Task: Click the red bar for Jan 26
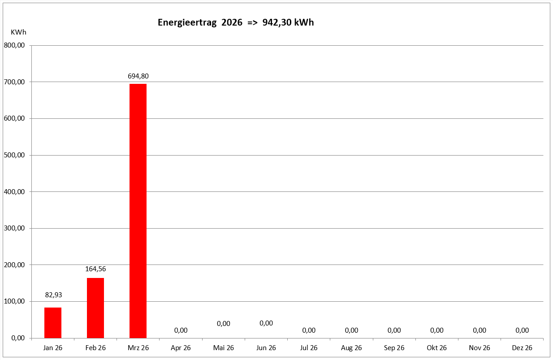tap(53, 322)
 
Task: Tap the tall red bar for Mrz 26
tap(138, 211)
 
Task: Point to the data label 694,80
tap(138, 76)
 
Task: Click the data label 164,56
tap(95, 269)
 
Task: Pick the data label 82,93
tap(53, 295)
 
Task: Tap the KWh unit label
tap(18, 32)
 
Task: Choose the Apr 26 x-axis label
tap(181, 348)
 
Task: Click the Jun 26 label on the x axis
tap(266, 348)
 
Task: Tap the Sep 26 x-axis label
tap(394, 348)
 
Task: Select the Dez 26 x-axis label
tap(522, 348)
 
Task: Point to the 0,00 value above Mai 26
tap(223, 323)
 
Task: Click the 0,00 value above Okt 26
tap(436, 330)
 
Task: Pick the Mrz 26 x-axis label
tap(138, 348)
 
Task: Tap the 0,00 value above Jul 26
tap(309, 330)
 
